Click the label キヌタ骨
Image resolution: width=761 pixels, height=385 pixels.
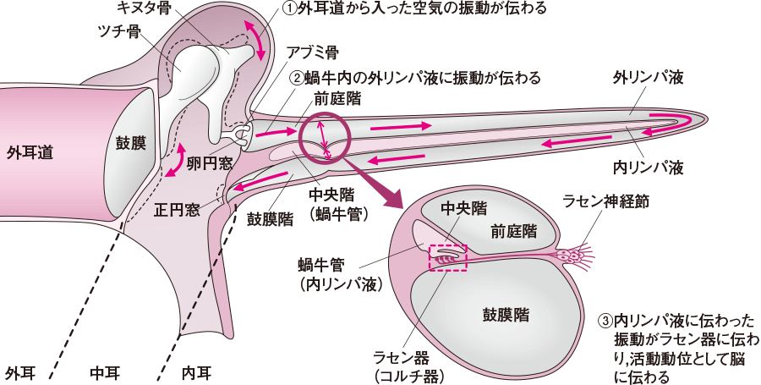[x=140, y=8]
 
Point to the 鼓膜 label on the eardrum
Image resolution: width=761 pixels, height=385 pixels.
[x=131, y=141]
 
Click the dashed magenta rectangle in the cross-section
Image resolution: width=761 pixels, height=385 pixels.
[x=448, y=258]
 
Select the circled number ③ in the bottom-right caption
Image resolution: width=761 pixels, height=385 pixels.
[x=605, y=322]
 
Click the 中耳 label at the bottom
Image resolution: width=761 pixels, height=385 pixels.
[x=107, y=371]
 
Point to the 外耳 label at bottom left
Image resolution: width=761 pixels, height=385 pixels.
[x=20, y=371]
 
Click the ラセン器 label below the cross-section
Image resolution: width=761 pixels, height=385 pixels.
[x=409, y=356]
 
